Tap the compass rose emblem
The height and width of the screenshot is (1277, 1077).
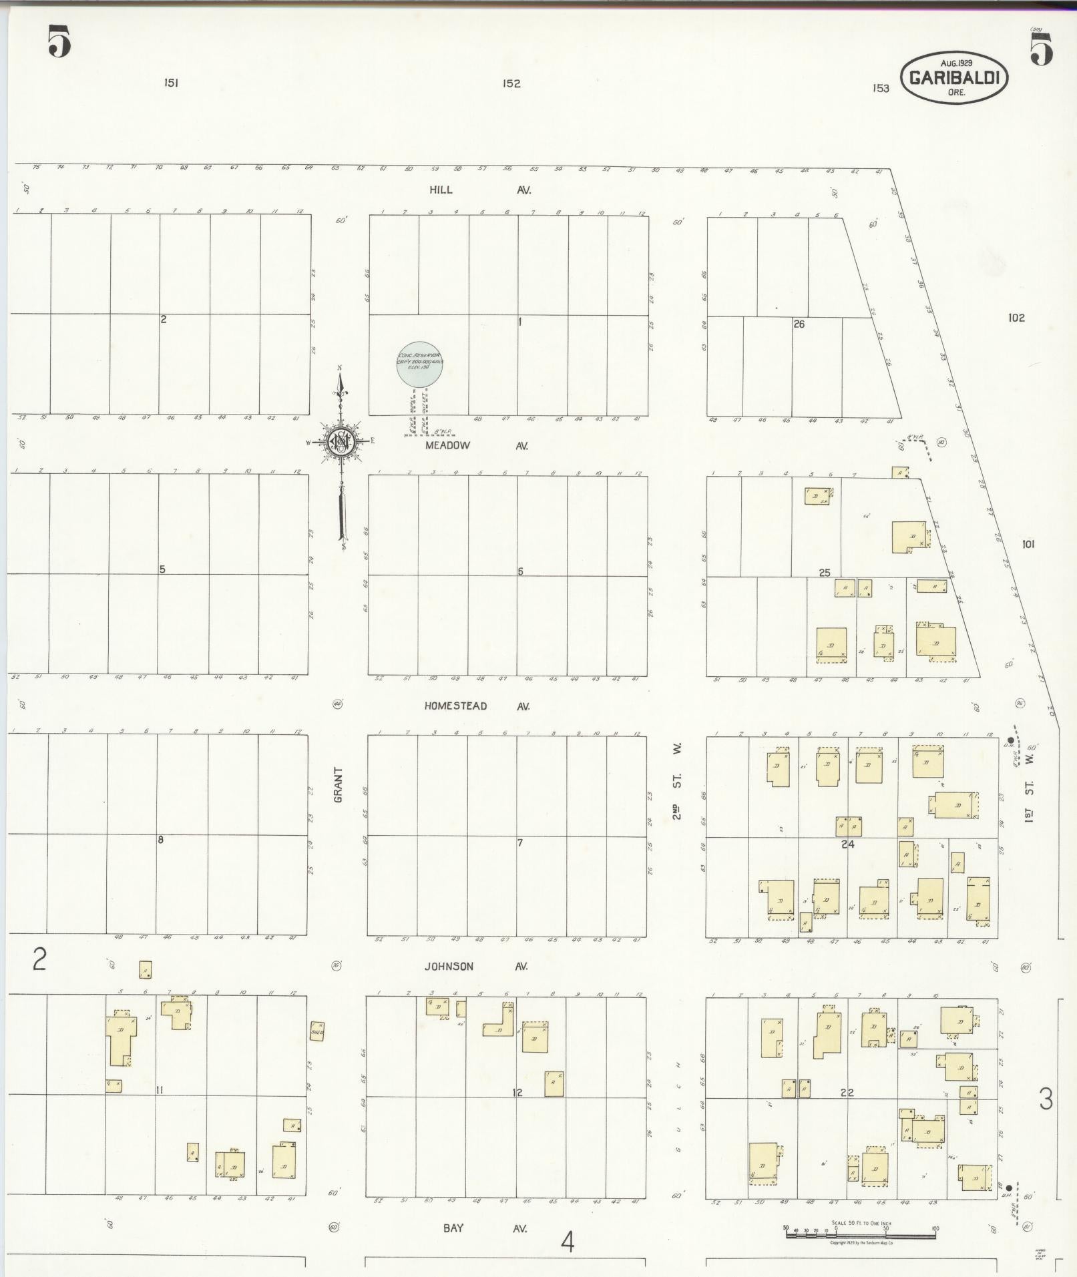pyautogui.click(x=341, y=441)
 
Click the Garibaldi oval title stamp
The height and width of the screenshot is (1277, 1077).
pyautogui.click(x=955, y=78)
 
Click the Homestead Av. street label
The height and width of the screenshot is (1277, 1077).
pyautogui.click(x=477, y=706)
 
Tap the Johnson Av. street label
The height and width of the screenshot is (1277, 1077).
pyautogui.click(x=477, y=966)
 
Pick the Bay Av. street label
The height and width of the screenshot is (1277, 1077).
pyautogui.click(x=477, y=1228)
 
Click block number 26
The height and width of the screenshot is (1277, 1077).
pyautogui.click(x=799, y=324)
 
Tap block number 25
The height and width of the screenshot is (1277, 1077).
pyautogui.click(x=825, y=572)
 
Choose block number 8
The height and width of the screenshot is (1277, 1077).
pyautogui.click(x=160, y=840)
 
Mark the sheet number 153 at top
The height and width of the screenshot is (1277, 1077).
pyautogui.click(x=881, y=88)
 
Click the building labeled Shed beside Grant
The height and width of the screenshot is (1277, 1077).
pyautogui.click(x=317, y=1032)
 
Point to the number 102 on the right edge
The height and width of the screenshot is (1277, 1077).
pyautogui.click(x=1016, y=318)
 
